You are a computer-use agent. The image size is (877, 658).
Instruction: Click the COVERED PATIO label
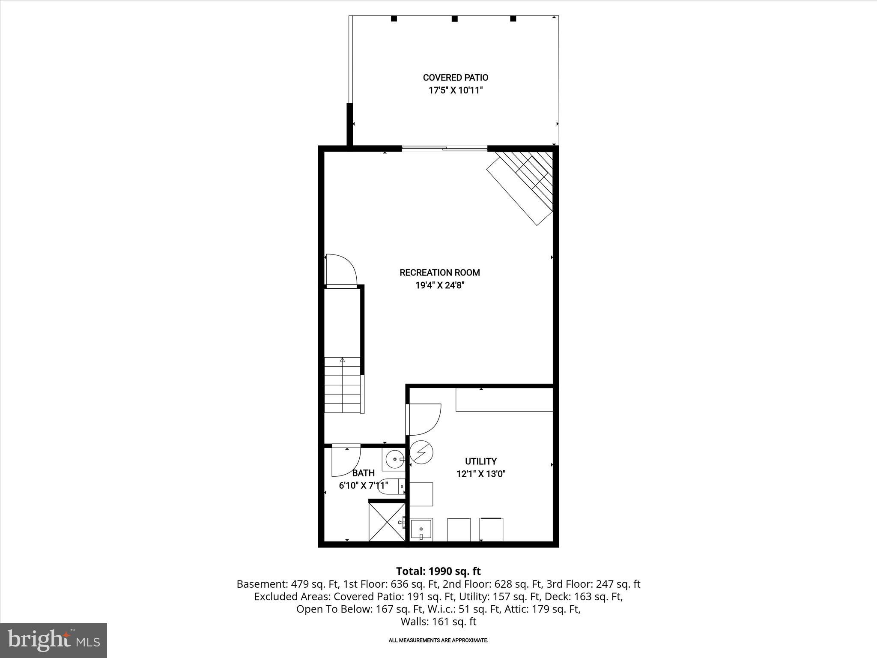click(x=455, y=78)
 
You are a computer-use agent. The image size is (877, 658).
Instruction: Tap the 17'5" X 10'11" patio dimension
click(x=455, y=90)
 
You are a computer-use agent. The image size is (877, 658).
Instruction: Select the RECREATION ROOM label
click(x=439, y=272)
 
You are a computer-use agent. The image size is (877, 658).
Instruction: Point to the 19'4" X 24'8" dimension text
click(x=439, y=285)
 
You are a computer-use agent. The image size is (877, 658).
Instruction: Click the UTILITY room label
click(x=480, y=461)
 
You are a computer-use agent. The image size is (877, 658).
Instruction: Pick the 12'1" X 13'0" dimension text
click(x=480, y=474)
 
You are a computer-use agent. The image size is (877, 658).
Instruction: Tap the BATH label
click(x=363, y=473)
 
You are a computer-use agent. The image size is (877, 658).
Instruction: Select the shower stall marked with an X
click(x=387, y=522)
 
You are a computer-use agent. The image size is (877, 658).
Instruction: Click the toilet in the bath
click(x=392, y=486)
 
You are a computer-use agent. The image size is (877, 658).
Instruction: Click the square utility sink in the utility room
click(x=421, y=529)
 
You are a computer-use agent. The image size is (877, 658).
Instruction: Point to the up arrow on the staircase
click(x=342, y=360)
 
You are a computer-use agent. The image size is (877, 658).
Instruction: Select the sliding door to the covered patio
click(x=444, y=149)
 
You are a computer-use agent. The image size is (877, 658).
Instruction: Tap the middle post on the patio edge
click(x=454, y=19)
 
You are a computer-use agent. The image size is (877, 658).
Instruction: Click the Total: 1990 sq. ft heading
click(x=438, y=571)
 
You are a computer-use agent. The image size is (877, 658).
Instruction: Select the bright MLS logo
click(x=54, y=640)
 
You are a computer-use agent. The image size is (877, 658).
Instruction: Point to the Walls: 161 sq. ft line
click(x=438, y=622)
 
